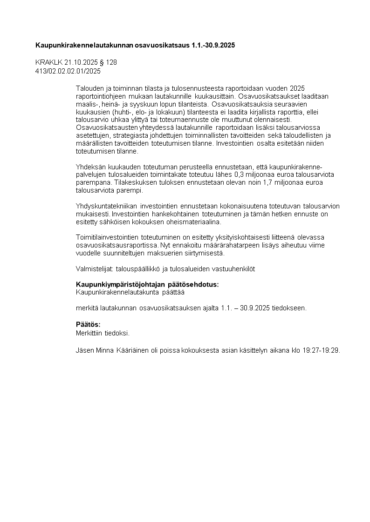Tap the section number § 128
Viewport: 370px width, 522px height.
(x=109, y=62)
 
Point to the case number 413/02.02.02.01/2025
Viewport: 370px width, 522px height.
(x=68, y=71)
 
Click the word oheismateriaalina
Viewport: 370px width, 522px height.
(x=196, y=222)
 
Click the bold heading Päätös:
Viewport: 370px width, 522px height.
(x=88, y=324)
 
